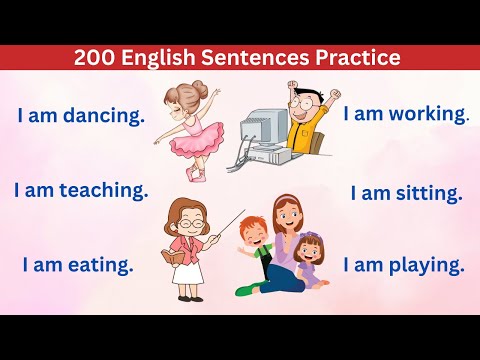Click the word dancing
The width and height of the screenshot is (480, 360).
[104, 116]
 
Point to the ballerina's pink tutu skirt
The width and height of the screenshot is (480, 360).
[190, 141]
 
